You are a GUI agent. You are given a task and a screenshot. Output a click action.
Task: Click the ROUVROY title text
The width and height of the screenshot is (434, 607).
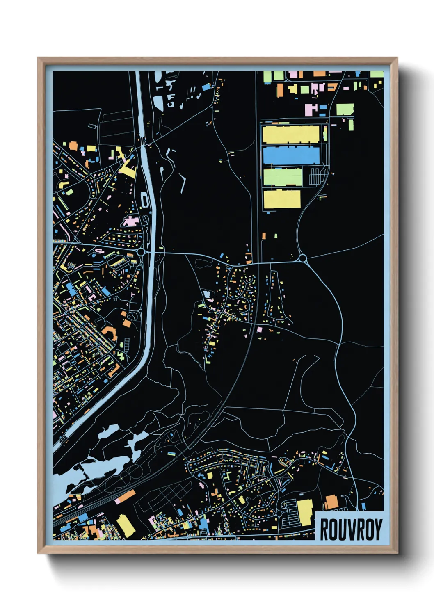(351, 529)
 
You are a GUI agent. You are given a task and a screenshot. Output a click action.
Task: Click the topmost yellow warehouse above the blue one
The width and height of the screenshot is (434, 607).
(291, 135)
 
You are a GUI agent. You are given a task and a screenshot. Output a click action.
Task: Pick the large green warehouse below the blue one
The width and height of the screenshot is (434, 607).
(283, 177)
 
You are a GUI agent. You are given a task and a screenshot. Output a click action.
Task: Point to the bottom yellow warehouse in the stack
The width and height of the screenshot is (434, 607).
(282, 199)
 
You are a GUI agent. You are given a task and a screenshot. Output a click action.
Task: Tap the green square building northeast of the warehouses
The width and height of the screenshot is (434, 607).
(345, 109)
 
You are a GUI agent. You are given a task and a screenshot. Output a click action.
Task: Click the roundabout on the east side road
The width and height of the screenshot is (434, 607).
(303, 258)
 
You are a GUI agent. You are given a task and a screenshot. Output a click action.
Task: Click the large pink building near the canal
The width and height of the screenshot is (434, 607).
(131, 221)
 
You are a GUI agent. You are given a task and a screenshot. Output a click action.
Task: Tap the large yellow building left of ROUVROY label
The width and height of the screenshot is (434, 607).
(305, 512)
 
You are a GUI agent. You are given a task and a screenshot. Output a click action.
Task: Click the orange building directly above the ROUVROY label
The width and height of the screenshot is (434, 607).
(331, 502)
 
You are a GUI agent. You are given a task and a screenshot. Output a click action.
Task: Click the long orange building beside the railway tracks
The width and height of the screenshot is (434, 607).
(126, 496)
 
